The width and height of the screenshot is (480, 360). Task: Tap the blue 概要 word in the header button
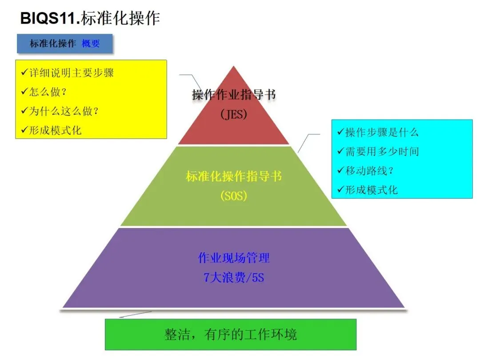point(91,44)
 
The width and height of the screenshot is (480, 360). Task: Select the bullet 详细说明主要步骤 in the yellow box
point(71,73)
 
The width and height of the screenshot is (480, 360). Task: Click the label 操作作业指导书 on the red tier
point(234,95)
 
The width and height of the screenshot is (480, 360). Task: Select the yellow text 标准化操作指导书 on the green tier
point(234,176)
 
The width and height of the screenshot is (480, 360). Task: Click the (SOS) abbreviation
point(234,196)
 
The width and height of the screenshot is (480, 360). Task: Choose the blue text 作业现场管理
point(234,258)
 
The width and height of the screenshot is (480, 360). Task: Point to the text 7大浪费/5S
point(234,278)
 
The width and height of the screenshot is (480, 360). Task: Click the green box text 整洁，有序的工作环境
point(230,334)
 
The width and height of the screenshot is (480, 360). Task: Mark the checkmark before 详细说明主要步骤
point(24,72)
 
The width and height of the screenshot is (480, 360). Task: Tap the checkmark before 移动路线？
point(341,170)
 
